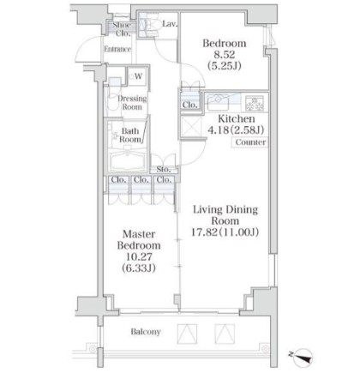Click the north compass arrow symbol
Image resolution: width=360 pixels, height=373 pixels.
303,357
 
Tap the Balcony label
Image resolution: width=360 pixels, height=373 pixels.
146,332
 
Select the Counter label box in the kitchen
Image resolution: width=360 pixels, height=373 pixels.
250,142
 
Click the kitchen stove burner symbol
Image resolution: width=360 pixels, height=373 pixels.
255,103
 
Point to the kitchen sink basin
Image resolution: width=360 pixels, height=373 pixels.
218,103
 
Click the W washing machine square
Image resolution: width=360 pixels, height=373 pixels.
138,76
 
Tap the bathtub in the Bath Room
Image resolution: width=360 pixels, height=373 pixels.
128,161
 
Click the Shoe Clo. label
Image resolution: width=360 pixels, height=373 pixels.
123,29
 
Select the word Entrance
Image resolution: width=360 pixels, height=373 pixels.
117,49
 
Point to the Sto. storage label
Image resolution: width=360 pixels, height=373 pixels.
164,169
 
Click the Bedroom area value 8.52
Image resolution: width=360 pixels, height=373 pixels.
225,54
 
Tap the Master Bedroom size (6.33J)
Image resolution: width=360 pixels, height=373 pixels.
139,268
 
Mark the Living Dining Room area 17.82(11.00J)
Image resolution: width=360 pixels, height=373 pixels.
225,232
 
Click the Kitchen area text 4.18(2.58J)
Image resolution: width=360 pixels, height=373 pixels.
236,130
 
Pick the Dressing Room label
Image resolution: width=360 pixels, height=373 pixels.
132,103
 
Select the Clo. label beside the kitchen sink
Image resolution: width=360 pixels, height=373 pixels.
190,105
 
